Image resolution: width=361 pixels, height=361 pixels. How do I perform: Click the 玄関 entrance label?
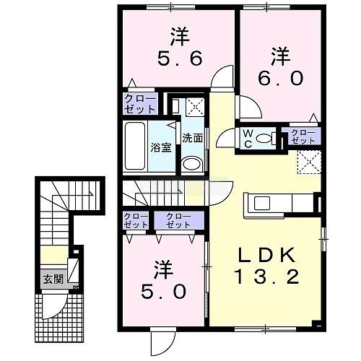click(53, 279)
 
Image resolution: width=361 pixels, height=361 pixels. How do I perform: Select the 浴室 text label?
click(161, 147)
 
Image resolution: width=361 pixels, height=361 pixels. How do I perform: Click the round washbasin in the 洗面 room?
click(192, 164)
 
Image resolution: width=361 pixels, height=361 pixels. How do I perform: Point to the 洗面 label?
click(192, 138)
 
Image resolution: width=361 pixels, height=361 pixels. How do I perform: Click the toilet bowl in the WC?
click(264, 139)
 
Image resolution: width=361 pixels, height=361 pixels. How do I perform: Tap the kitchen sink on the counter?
click(262, 204)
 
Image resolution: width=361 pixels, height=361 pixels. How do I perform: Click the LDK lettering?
click(266, 255)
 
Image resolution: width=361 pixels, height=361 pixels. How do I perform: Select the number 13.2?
click(266, 277)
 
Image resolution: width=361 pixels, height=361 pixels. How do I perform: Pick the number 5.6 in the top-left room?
click(180, 58)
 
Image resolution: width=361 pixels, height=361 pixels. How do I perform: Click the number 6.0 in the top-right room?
click(280, 79)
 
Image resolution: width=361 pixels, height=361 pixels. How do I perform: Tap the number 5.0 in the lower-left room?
click(164, 291)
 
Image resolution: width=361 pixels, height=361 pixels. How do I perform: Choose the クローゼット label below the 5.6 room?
click(140, 104)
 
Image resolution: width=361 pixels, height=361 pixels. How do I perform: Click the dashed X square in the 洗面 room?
click(195, 106)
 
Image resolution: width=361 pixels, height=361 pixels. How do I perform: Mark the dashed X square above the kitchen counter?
click(310, 162)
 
